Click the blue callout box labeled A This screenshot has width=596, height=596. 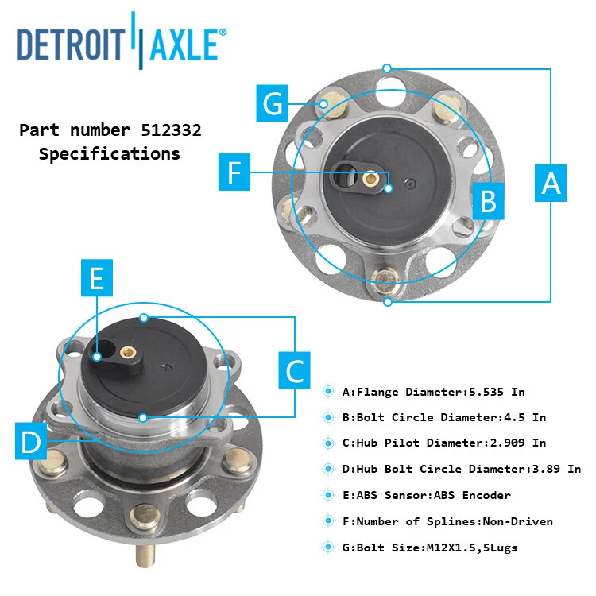(551, 183)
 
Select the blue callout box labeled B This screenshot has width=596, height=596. (488, 201)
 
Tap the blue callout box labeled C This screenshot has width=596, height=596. (294, 370)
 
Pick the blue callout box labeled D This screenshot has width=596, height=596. (31, 442)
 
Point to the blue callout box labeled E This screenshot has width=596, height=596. (96, 279)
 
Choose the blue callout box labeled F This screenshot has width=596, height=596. (234, 172)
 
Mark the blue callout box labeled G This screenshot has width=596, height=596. (273, 103)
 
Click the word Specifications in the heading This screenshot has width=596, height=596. (110, 154)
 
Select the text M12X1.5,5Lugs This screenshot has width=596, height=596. (475, 548)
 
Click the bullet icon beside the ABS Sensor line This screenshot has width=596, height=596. (328, 495)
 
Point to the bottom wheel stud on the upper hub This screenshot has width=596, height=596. (384, 278)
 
